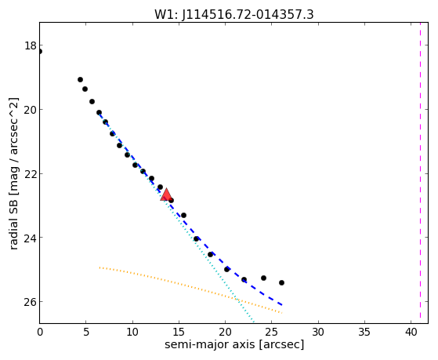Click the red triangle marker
pos(166,195)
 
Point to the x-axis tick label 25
pos(271,333)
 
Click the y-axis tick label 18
pos(31,45)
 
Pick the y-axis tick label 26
pos(31,302)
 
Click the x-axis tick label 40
pos(411,333)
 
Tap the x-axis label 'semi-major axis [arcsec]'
pos(234,344)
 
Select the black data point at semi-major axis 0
pos(40,52)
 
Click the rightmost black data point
pos(281,283)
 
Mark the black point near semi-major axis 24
pos(263,278)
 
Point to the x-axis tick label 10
pos(132,333)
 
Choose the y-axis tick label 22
pos(31,173)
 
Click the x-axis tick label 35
pos(364,333)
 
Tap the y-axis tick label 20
pos(31,110)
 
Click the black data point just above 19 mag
pos(80,80)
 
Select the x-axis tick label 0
pos(40,333)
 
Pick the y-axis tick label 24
pos(31,238)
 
